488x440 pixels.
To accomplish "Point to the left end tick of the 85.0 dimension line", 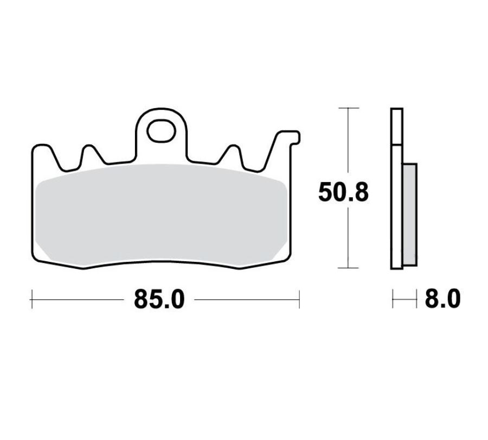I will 33,298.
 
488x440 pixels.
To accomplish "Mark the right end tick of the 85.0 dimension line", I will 299,298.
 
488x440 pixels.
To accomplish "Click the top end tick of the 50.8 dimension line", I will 348,109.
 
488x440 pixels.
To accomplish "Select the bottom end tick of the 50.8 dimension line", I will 348,268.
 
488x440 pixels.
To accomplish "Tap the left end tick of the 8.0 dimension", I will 392,298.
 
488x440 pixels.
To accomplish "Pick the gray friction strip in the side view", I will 409,215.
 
